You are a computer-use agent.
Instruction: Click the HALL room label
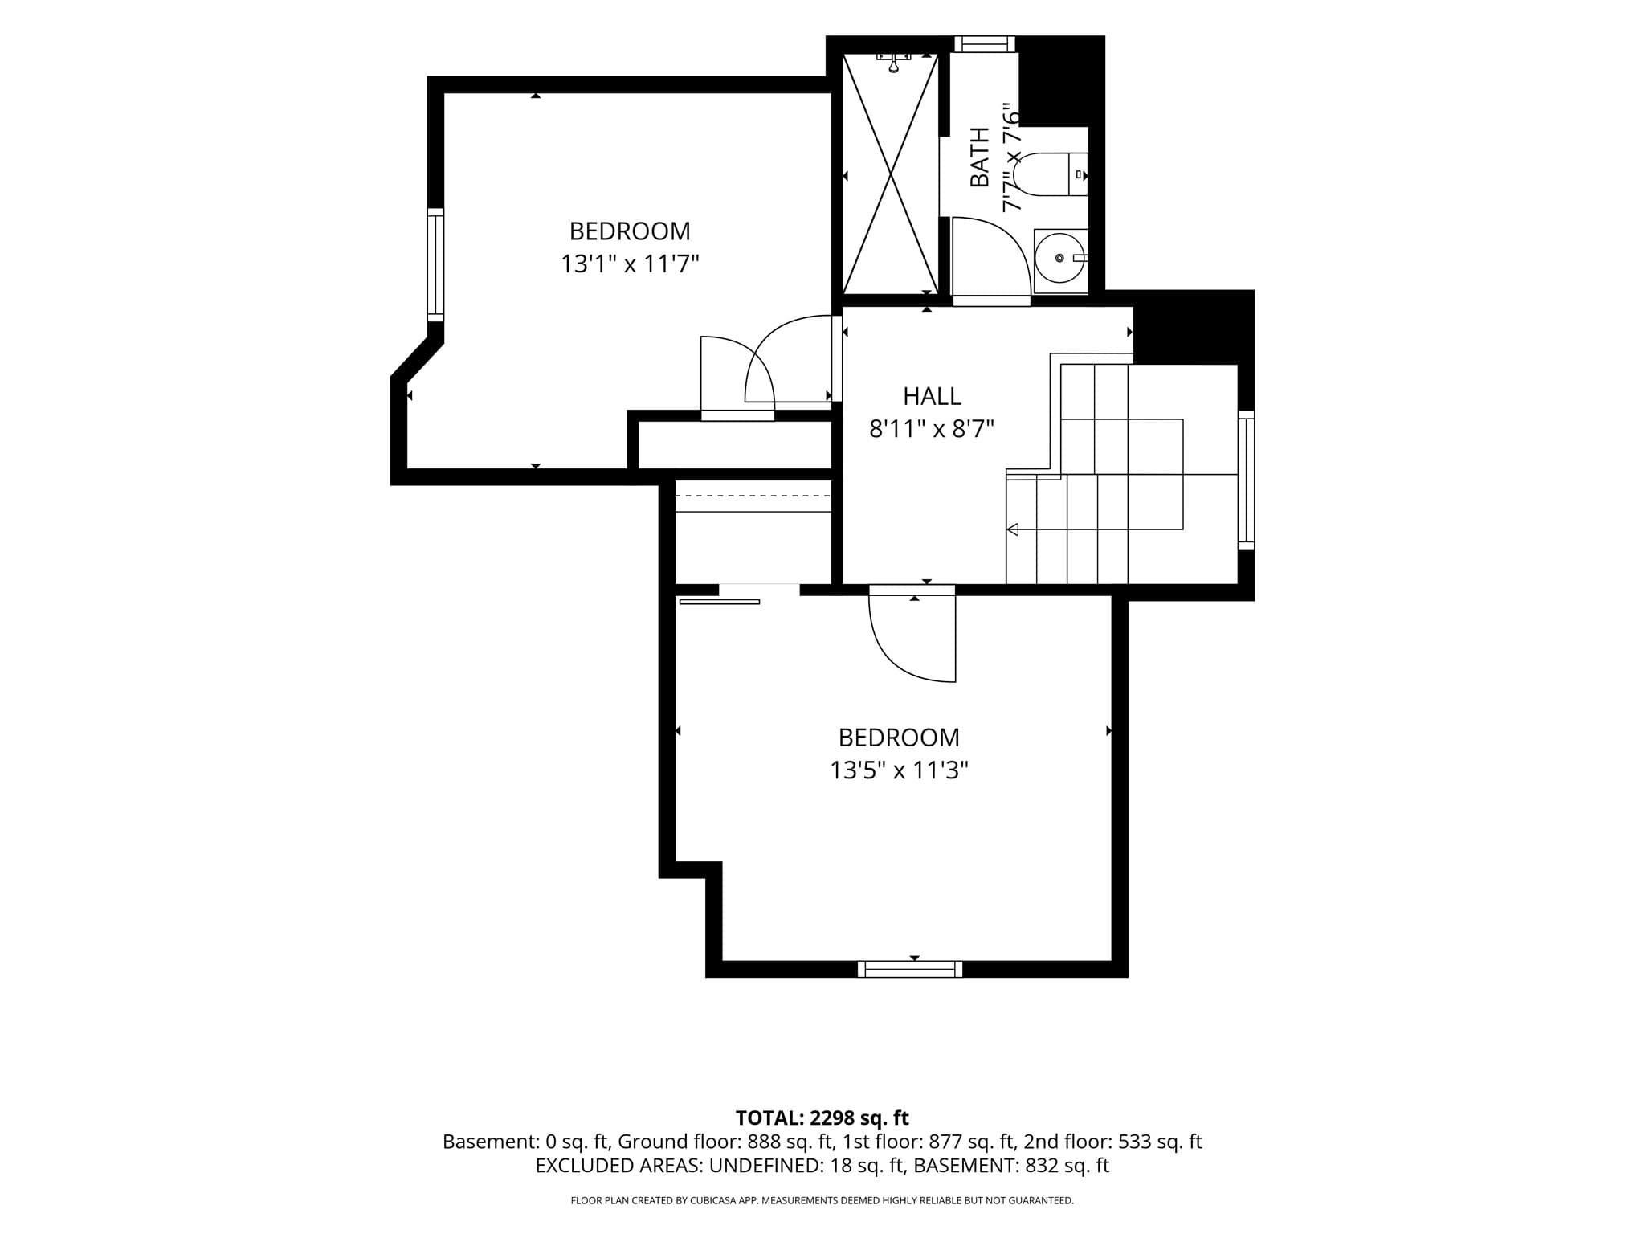pyautogui.click(x=932, y=396)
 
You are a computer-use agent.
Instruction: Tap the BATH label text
pyautogui.click(x=980, y=157)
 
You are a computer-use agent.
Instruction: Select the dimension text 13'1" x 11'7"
pyautogui.click(x=630, y=264)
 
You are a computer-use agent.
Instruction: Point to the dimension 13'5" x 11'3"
pyautogui.click(x=899, y=770)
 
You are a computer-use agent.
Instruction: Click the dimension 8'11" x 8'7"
pyautogui.click(x=932, y=429)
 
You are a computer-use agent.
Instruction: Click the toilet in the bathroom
pyautogui.click(x=1050, y=174)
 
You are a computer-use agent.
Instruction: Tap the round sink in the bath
pyautogui.click(x=1059, y=258)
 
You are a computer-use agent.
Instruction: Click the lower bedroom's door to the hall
pyautogui.click(x=912, y=634)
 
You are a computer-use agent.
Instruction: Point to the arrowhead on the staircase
pyautogui.click(x=1012, y=529)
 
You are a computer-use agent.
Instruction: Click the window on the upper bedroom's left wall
pyautogui.click(x=435, y=264)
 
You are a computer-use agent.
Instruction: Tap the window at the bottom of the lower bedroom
pyautogui.click(x=910, y=969)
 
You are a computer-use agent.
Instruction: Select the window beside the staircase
pyautogui.click(x=1246, y=480)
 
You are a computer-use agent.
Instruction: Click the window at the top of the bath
pyautogui.click(x=984, y=44)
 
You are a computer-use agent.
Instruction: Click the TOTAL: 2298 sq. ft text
pyautogui.click(x=822, y=1118)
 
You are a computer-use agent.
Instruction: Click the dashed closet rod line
pyautogui.click(x=753, y=496)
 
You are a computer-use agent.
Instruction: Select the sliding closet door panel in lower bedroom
pyautogui.click(x=719, y=601)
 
